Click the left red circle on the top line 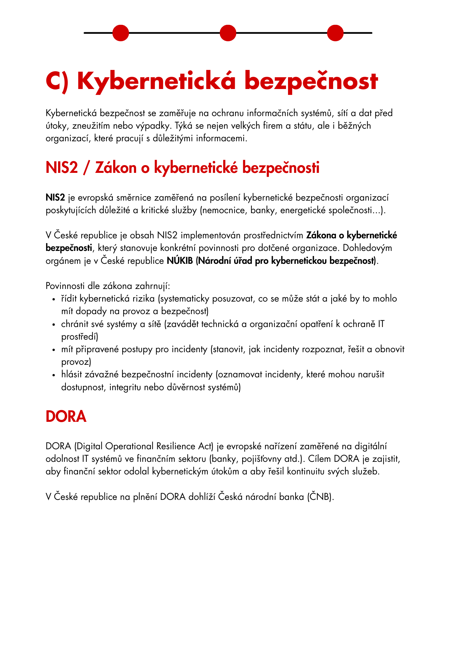point(121,33)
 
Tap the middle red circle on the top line point(228,33)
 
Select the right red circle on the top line point(335,33)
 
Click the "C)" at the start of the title point(57,81)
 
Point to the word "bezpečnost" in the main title point(311,81)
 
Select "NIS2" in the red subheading point(62,168)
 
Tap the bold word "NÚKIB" point(180,261)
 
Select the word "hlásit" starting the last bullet point(72,374)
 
